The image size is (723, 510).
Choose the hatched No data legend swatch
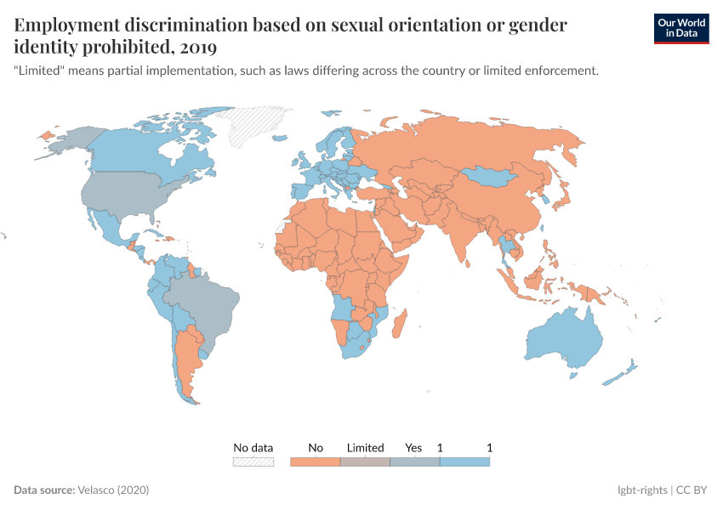click(x=253, y=462)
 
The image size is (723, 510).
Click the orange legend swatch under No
click(x=316, y=462)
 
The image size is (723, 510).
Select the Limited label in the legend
click(x=366, y=447)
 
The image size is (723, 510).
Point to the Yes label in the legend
click(x=413, y=447)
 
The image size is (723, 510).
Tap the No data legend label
click(x=253, y=447)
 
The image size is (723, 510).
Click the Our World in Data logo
click(x=680, y=27)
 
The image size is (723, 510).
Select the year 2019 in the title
click(x=199, y=47)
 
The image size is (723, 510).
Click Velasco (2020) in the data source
click(x=113, y=490)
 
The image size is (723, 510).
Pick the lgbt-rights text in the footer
click(x=642, y=490)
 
